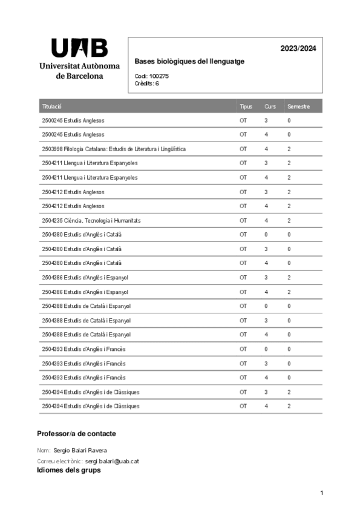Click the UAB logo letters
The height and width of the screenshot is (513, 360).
click(79, 48)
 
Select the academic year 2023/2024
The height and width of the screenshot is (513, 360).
click(298, 48)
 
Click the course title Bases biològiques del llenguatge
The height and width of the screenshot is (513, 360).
click(189, 62)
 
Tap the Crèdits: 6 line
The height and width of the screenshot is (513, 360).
click(147, 83)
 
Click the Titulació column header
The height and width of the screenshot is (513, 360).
click(52, 106)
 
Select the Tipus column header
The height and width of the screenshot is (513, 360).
click(246, 106)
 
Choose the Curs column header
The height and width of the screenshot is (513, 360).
click(270, 106)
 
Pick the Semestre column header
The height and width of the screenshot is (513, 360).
click(298, 106)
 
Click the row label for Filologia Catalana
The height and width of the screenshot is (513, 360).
click(114, 149)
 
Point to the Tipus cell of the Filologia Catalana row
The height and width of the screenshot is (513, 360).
click(243, 149)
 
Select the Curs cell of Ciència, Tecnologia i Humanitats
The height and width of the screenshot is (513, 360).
click(266, 220)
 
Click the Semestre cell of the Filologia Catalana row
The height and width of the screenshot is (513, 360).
click(289, 149)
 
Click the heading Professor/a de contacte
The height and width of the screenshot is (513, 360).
click(76, 434)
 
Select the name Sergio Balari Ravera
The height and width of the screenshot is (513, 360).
click(80, 451)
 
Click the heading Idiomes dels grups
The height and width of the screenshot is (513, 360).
click(68, 470)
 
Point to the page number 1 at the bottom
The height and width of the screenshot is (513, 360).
click(322, 494)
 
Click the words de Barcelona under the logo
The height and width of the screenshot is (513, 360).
click(79, 76)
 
